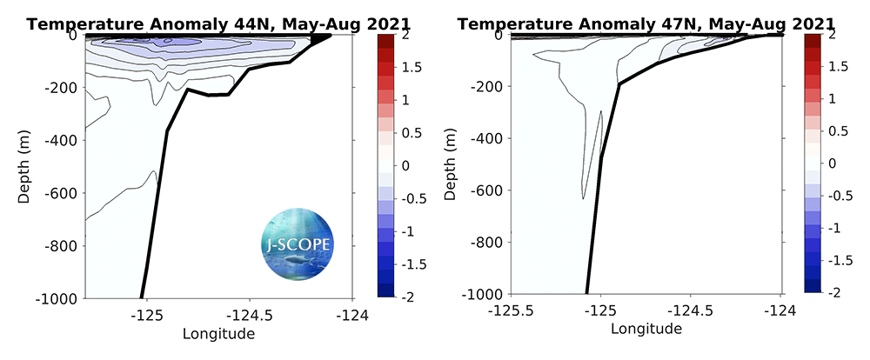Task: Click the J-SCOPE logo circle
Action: point(297,246)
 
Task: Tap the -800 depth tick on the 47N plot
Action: point(488,243)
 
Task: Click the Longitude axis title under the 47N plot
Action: point(646,329)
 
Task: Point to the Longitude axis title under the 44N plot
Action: point(218,333)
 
